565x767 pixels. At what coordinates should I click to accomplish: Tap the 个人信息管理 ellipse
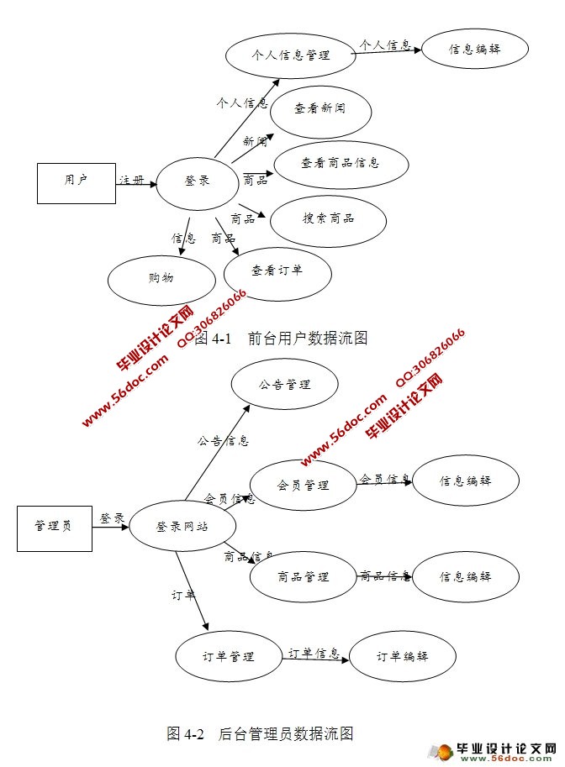pyautogui.click(x=290, y=55)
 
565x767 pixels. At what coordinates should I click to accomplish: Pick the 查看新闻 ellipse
pyautogui.click(x=320, y=108)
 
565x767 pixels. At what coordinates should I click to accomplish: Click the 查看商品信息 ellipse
pyautogui.click(x=341, y=162)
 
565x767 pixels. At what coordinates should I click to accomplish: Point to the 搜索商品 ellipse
pyautogui.click(x=328, y=218)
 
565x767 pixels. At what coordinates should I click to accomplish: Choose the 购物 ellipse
pyautogui.click(x=161, y=278)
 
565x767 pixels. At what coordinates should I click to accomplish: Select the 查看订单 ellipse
pyautogui.click(x=277, y=271)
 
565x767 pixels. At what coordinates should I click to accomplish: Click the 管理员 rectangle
pyautogui.click(x=54, y=526)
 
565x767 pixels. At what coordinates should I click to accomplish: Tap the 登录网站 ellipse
pyautogui.click(x=182, y=527)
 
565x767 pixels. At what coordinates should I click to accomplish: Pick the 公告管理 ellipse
pyautogui.click(x=285, y=385)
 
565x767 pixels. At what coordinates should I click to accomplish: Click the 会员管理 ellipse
pyautogui.click(x=303, y=486)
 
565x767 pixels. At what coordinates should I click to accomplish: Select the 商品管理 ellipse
pyautogui.click(x=303, y=577)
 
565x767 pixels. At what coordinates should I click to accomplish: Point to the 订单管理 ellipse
pyautogui.click(x=229, y=657)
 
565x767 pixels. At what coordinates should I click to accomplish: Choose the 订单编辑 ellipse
pyautogui.click(x=403, y=657)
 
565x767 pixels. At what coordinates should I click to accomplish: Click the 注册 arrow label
pyautogui.click(x=131, y=180)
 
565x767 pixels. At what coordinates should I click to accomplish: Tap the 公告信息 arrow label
pyautogui.click(x=223, y=440)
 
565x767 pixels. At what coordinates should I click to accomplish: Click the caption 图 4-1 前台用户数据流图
pyautogui.click(x=281, y=339)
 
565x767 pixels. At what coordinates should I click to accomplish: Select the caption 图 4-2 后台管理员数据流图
pyautogui.click(x=260, y=733)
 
